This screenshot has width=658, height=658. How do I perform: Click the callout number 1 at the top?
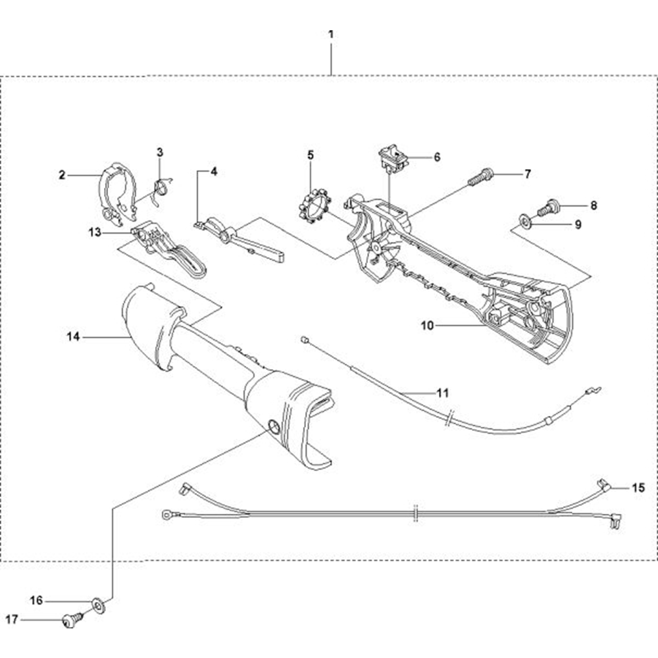point(331,32)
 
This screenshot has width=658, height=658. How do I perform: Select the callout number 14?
point(73,336)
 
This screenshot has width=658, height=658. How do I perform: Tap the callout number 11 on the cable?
point(442,393)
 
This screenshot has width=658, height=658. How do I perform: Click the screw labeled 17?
point(69,619)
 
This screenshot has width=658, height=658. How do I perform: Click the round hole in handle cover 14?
point(272,428)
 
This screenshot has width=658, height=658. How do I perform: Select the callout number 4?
point(213,171)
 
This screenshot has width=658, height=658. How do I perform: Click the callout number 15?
point(638,488)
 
